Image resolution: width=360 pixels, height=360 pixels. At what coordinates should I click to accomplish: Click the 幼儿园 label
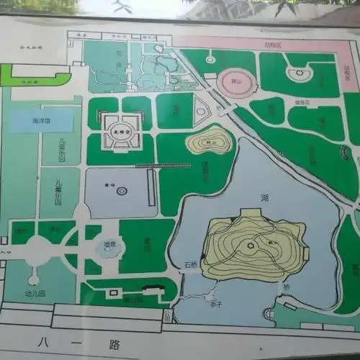[35, 294]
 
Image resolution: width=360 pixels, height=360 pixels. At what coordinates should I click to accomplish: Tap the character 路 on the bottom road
[114, 345]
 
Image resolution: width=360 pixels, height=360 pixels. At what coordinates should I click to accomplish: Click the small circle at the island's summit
[251, 246]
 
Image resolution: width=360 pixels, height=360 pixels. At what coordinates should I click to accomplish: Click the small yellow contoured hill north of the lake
[210, 141]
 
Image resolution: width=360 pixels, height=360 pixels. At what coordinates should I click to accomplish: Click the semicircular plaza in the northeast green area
[297, 73]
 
